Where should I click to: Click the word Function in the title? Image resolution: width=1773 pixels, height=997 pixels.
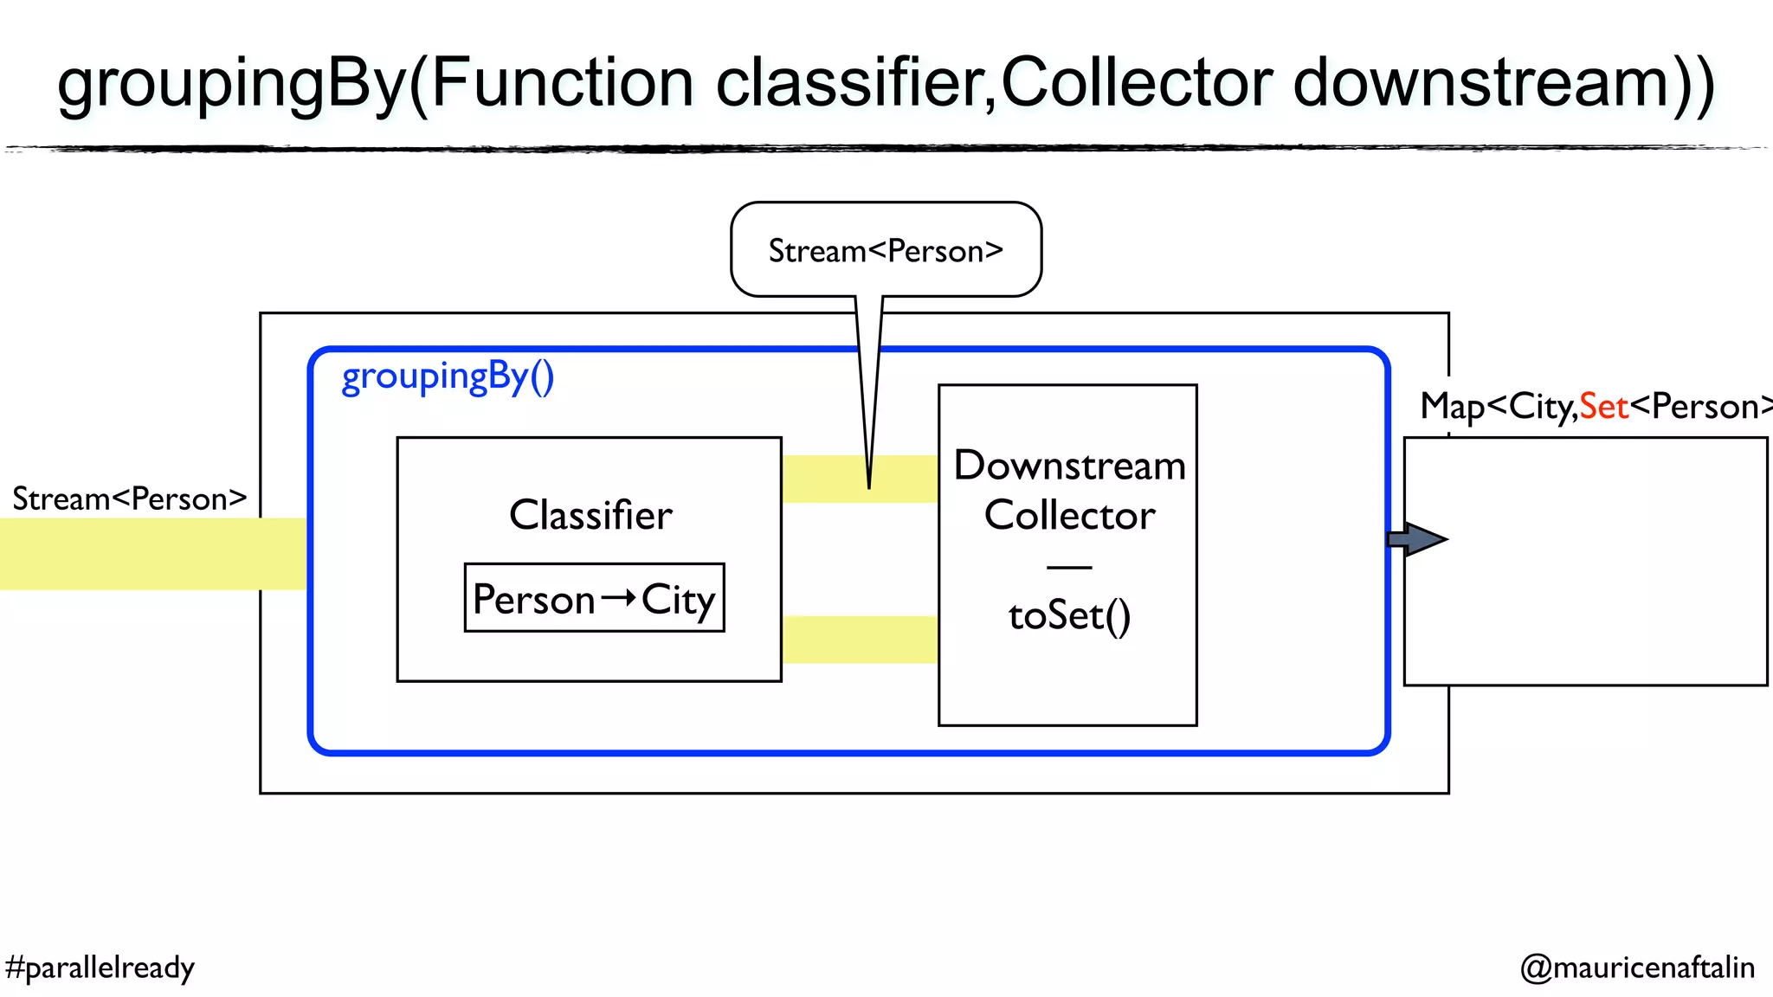coord(562,83)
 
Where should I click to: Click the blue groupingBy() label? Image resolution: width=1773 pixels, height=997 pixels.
coord(448,376)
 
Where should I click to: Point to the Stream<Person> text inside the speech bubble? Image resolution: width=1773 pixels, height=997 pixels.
coord(886,251)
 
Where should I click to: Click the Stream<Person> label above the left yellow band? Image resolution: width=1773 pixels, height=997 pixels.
coord(130,499)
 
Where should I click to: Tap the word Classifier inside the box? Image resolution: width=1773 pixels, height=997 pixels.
coord(590,515)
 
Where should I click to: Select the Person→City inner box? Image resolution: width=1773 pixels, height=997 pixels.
coord(594,598)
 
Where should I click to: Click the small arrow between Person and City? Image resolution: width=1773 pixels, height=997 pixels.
coord(618,598)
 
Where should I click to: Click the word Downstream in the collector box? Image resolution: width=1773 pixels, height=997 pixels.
coord(1069,466)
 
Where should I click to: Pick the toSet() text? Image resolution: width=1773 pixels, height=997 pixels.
coord(1069,616)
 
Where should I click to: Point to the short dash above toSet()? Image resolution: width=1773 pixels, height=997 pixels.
coord(1069,568)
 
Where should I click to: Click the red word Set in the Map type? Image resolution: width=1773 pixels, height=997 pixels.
coord(1603,407)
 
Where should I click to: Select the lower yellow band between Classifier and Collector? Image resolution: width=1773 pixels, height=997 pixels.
coord(860,640)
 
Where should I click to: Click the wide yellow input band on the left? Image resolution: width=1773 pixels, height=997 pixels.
coord(152,554)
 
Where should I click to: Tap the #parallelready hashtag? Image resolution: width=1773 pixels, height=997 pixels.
coord(100,968)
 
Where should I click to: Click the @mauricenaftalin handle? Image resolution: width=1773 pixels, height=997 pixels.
coord(1637,968)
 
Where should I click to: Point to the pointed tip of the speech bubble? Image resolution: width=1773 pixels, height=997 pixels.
coord(869,486)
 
